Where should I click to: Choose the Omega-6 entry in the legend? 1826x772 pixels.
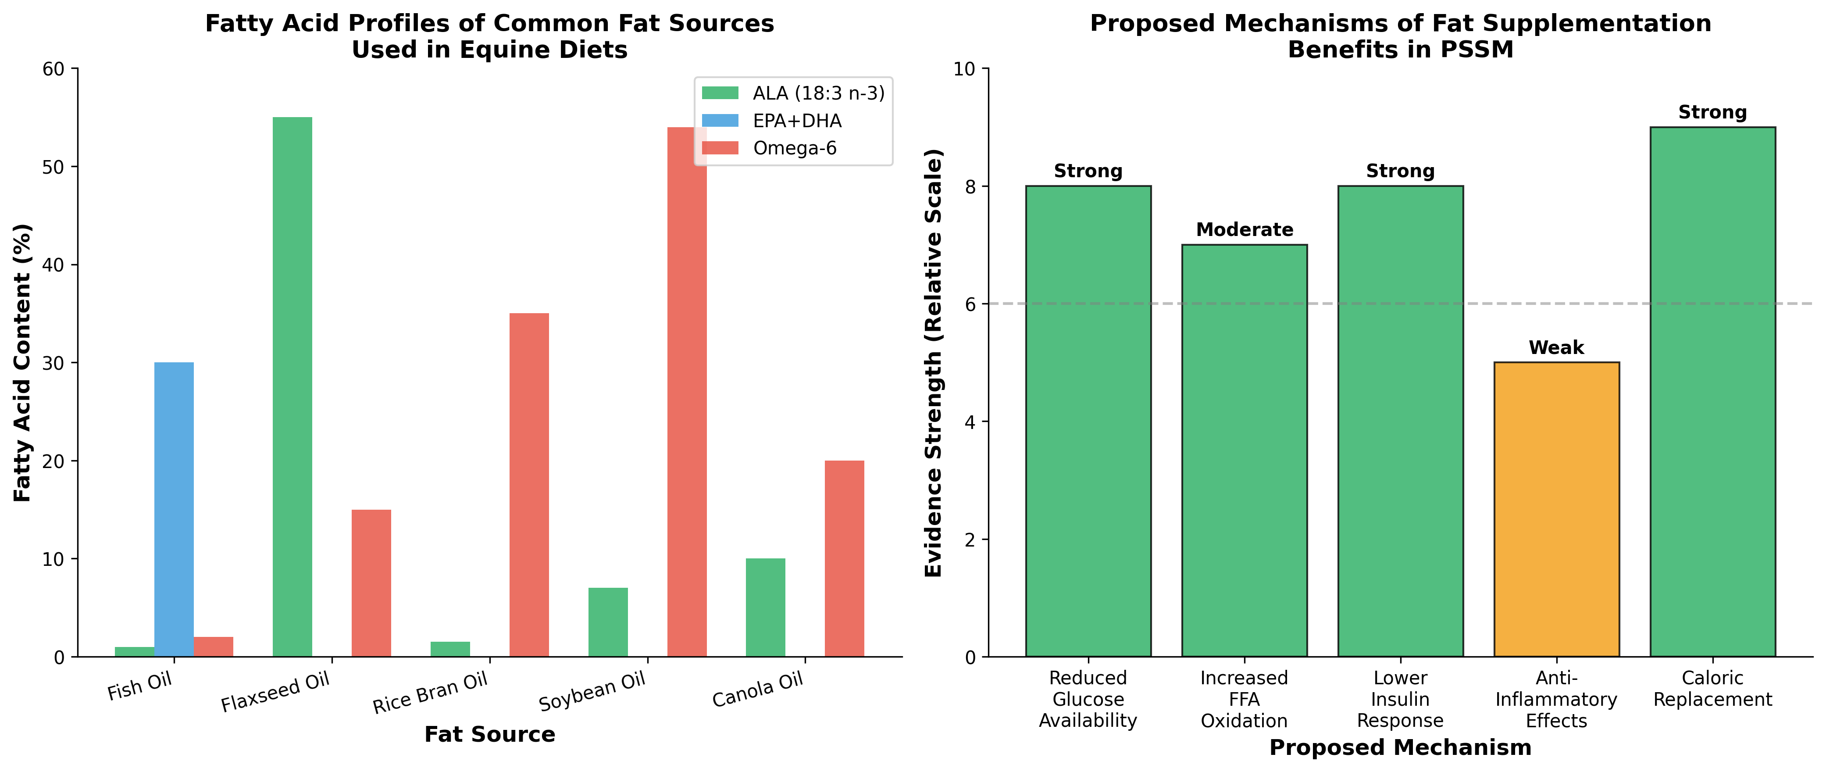pyautogui.click(x=794, y=148)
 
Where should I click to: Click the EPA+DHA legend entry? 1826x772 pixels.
pyautogui.click(x=797, y=121)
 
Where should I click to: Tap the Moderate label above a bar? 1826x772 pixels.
pyautogui.click(x=1244, y=230)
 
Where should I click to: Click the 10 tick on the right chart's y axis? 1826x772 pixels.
pyautogui.click(x=964, y=69)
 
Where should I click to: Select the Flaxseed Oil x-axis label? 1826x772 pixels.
pyautogui.click(x=276, y=693)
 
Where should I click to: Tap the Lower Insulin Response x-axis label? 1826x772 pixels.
pyautogui.click(x=1400, y=699)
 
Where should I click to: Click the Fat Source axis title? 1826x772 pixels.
pyautogui.click(x=489, y=734)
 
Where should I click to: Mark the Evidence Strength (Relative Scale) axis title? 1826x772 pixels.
pyautogui.click(x=934, y=362)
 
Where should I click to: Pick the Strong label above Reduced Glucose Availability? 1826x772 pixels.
pyautogui.click(x=1088, y=171)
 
